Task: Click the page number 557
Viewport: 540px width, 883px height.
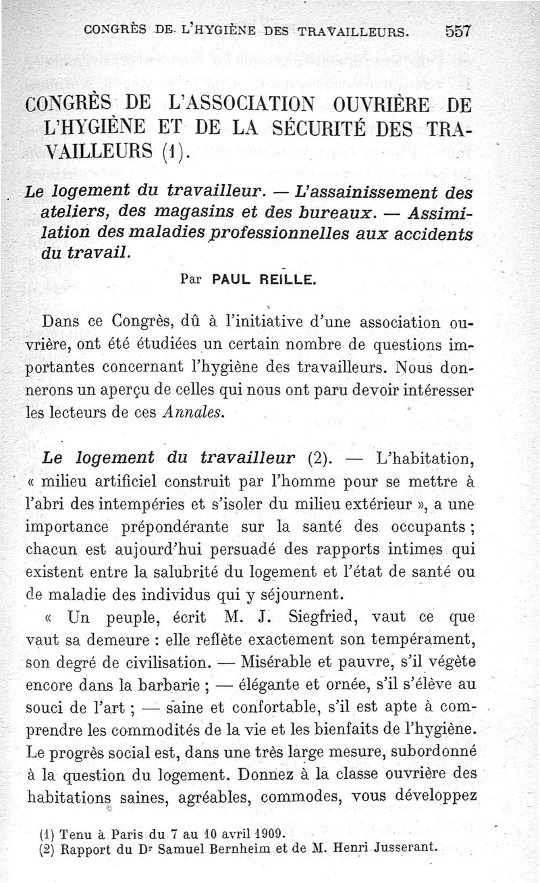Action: pos(457,32)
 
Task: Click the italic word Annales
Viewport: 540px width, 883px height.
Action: pos(193,413)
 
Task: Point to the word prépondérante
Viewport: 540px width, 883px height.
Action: pos(200,525)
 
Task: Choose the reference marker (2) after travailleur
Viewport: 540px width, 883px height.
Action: pos(319,459)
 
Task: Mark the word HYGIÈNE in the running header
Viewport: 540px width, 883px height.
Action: pos(217,32)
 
